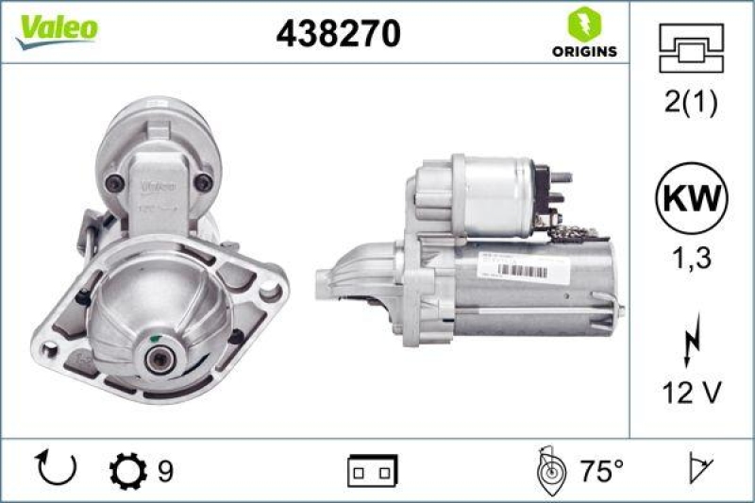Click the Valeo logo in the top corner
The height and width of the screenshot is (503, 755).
tap(55, 28)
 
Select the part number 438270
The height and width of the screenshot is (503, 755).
tap(338, 34)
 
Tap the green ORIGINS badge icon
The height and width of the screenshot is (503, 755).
tap(584, 24)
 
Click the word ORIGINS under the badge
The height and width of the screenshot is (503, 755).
tap(584, 51)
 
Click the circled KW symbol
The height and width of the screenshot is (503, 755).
tap(692, 199)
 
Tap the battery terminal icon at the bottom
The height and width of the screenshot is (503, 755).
tap(373, 468)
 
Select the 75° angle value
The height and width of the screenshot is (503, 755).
tap(600, 468)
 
